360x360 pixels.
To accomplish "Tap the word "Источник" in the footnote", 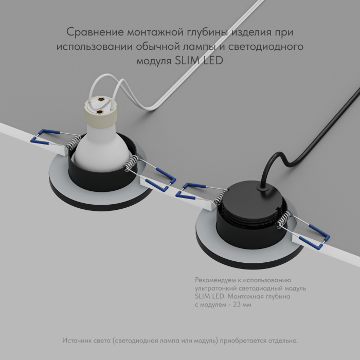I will [78, 341].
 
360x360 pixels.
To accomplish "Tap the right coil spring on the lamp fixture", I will [131, 164].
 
